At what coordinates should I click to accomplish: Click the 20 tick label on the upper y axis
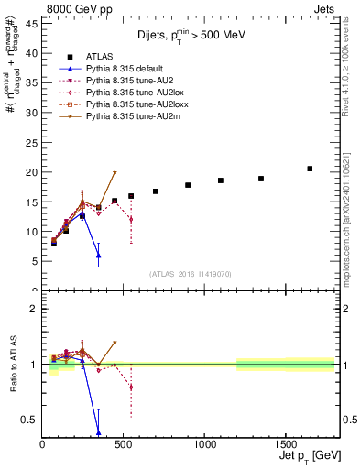(31, 172)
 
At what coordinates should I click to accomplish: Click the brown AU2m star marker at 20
(115, 171)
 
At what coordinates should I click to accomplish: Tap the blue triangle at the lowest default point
(98, 255)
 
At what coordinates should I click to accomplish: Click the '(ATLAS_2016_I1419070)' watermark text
(189, 273)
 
